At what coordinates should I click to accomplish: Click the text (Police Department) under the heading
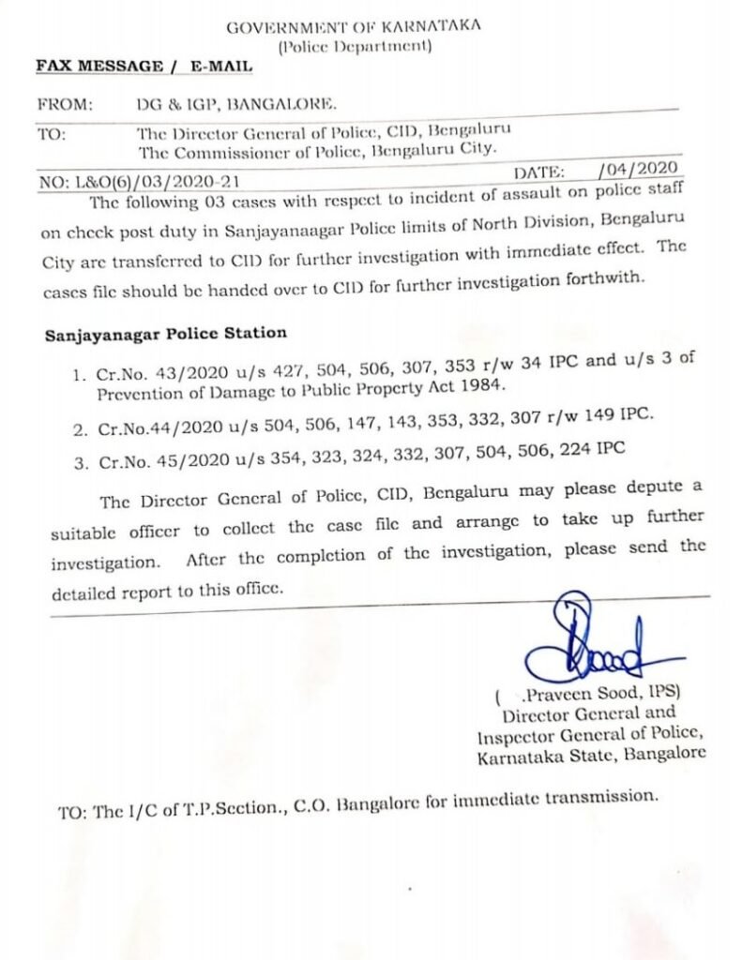point(355,45)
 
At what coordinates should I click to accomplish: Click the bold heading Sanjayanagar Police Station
point(166,333)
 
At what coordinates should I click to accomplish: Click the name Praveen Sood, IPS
point(590,697)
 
